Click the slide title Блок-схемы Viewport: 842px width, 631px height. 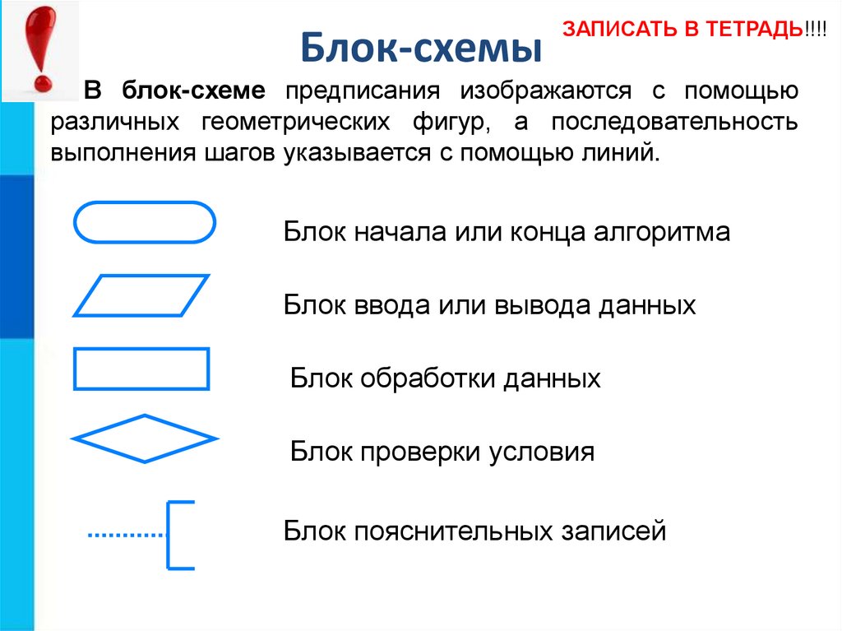coord(420,48)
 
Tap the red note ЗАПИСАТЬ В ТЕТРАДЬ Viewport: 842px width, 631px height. coord(683,30)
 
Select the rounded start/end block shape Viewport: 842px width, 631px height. coord(145,222)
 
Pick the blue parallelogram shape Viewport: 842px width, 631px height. coord(141,295)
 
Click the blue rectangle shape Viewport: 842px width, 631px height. coord(141,368)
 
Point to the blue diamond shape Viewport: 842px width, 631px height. coord(145,438)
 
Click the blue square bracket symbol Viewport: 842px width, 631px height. coord(179,535)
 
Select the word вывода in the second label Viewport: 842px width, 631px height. coord(534,306)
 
